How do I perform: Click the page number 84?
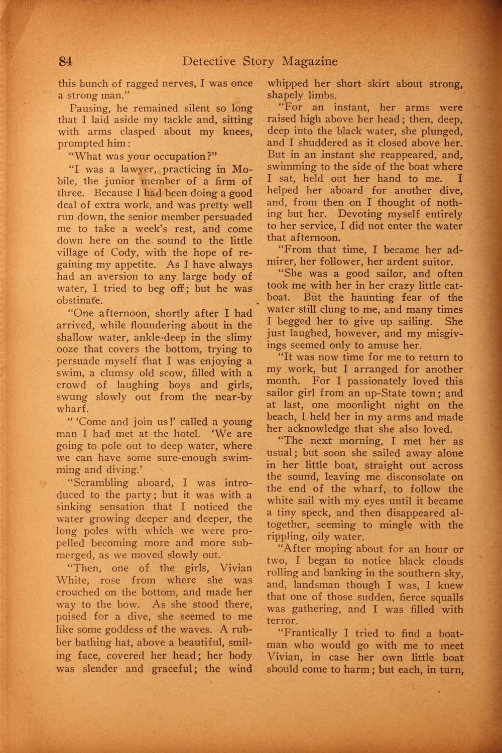click(x=66, y=62)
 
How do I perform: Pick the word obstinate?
click(x=80, y=301)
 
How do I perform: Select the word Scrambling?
click(x=99, y=483)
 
